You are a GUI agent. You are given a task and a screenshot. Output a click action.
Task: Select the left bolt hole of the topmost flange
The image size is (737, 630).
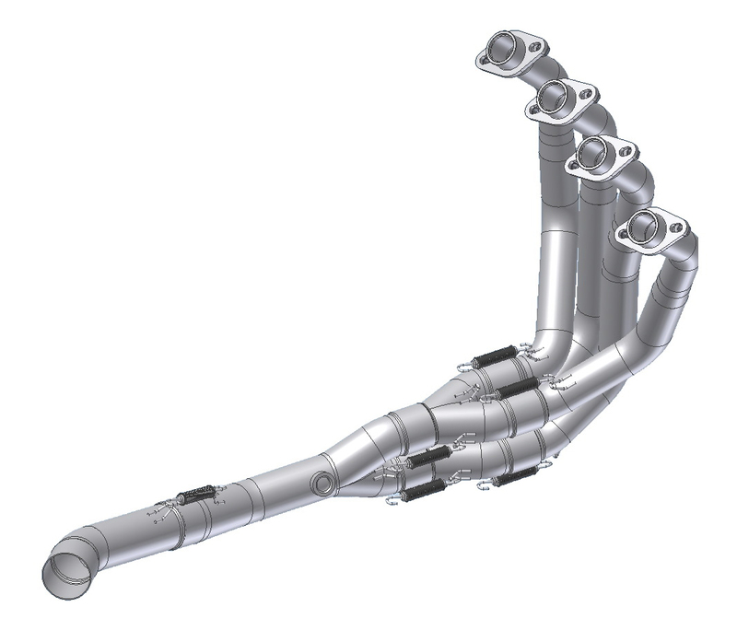tap(484, 59)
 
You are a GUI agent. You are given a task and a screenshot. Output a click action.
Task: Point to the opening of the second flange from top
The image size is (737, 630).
tap(556, 94)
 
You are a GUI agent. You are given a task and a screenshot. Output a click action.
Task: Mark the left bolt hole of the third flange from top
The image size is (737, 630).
tap(573, 167)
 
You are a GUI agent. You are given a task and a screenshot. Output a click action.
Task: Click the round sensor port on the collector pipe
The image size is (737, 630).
tap(321, 483)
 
